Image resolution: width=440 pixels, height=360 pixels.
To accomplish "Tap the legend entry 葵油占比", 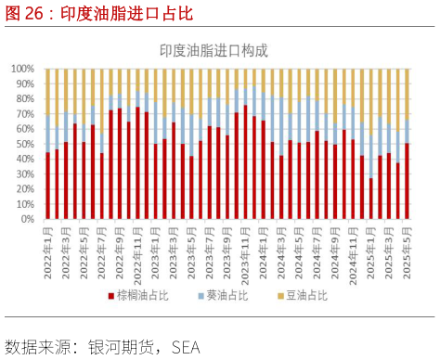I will [x=224, y=296].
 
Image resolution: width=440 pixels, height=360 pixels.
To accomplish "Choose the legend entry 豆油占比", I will [x=304, y=296].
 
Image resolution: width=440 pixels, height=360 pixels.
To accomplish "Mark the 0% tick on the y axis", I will [x=28, y=220].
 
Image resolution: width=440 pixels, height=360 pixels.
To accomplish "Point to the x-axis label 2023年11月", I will [x=239, y=251].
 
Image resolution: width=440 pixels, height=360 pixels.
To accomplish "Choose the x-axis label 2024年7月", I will [x=311, y=251].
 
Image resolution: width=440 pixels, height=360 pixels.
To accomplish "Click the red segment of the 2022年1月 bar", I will [x=47, y=186].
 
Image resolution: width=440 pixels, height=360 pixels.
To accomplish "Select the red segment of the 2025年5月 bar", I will [x=407, y=182].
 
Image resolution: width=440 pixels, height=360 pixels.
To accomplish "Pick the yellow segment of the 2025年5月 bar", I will [x=407, y=94].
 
